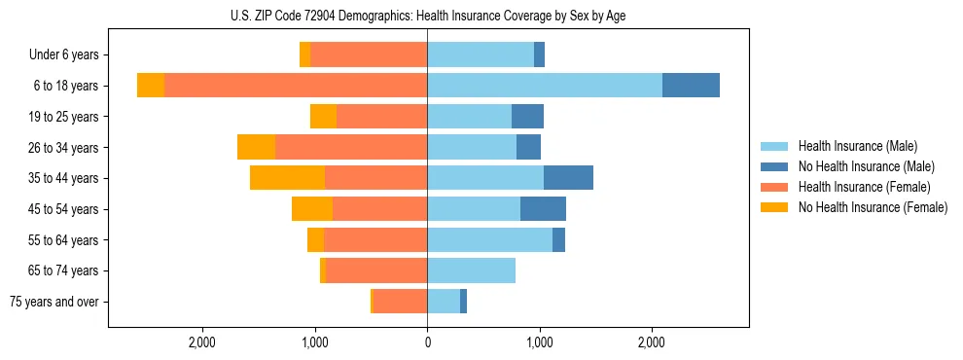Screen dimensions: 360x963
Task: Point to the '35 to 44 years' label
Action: tap(62, 178)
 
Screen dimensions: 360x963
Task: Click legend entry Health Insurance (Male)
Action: tap(857, 146)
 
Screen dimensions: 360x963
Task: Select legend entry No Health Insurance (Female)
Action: tap(873, 207)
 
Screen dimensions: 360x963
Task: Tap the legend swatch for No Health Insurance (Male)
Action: tap(775, 166)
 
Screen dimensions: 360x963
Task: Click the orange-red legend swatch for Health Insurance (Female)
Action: tap(775, 187)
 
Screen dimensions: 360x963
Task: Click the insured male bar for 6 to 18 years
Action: tap(545, 86)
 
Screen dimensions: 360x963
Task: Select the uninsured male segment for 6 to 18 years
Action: tap(691, 86)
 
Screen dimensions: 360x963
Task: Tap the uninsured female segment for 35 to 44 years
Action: tap(287, 178)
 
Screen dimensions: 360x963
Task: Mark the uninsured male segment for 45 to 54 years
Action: tap(543, 209)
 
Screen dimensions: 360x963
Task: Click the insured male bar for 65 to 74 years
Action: tap(471, 270)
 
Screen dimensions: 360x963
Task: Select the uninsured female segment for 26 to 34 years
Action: tap(256, 147)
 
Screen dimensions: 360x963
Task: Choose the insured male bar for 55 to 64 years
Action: tap(489, 239)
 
